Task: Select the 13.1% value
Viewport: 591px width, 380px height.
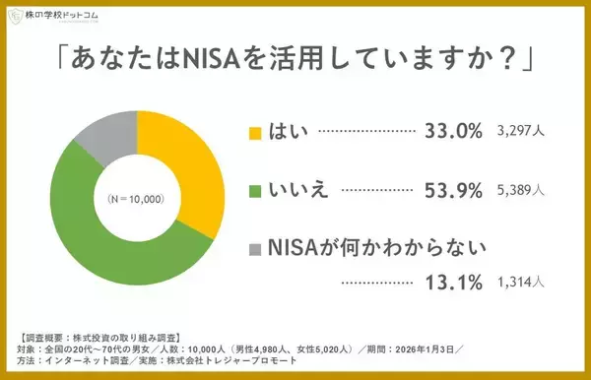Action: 453,284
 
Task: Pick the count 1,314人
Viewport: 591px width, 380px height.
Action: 522,284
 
